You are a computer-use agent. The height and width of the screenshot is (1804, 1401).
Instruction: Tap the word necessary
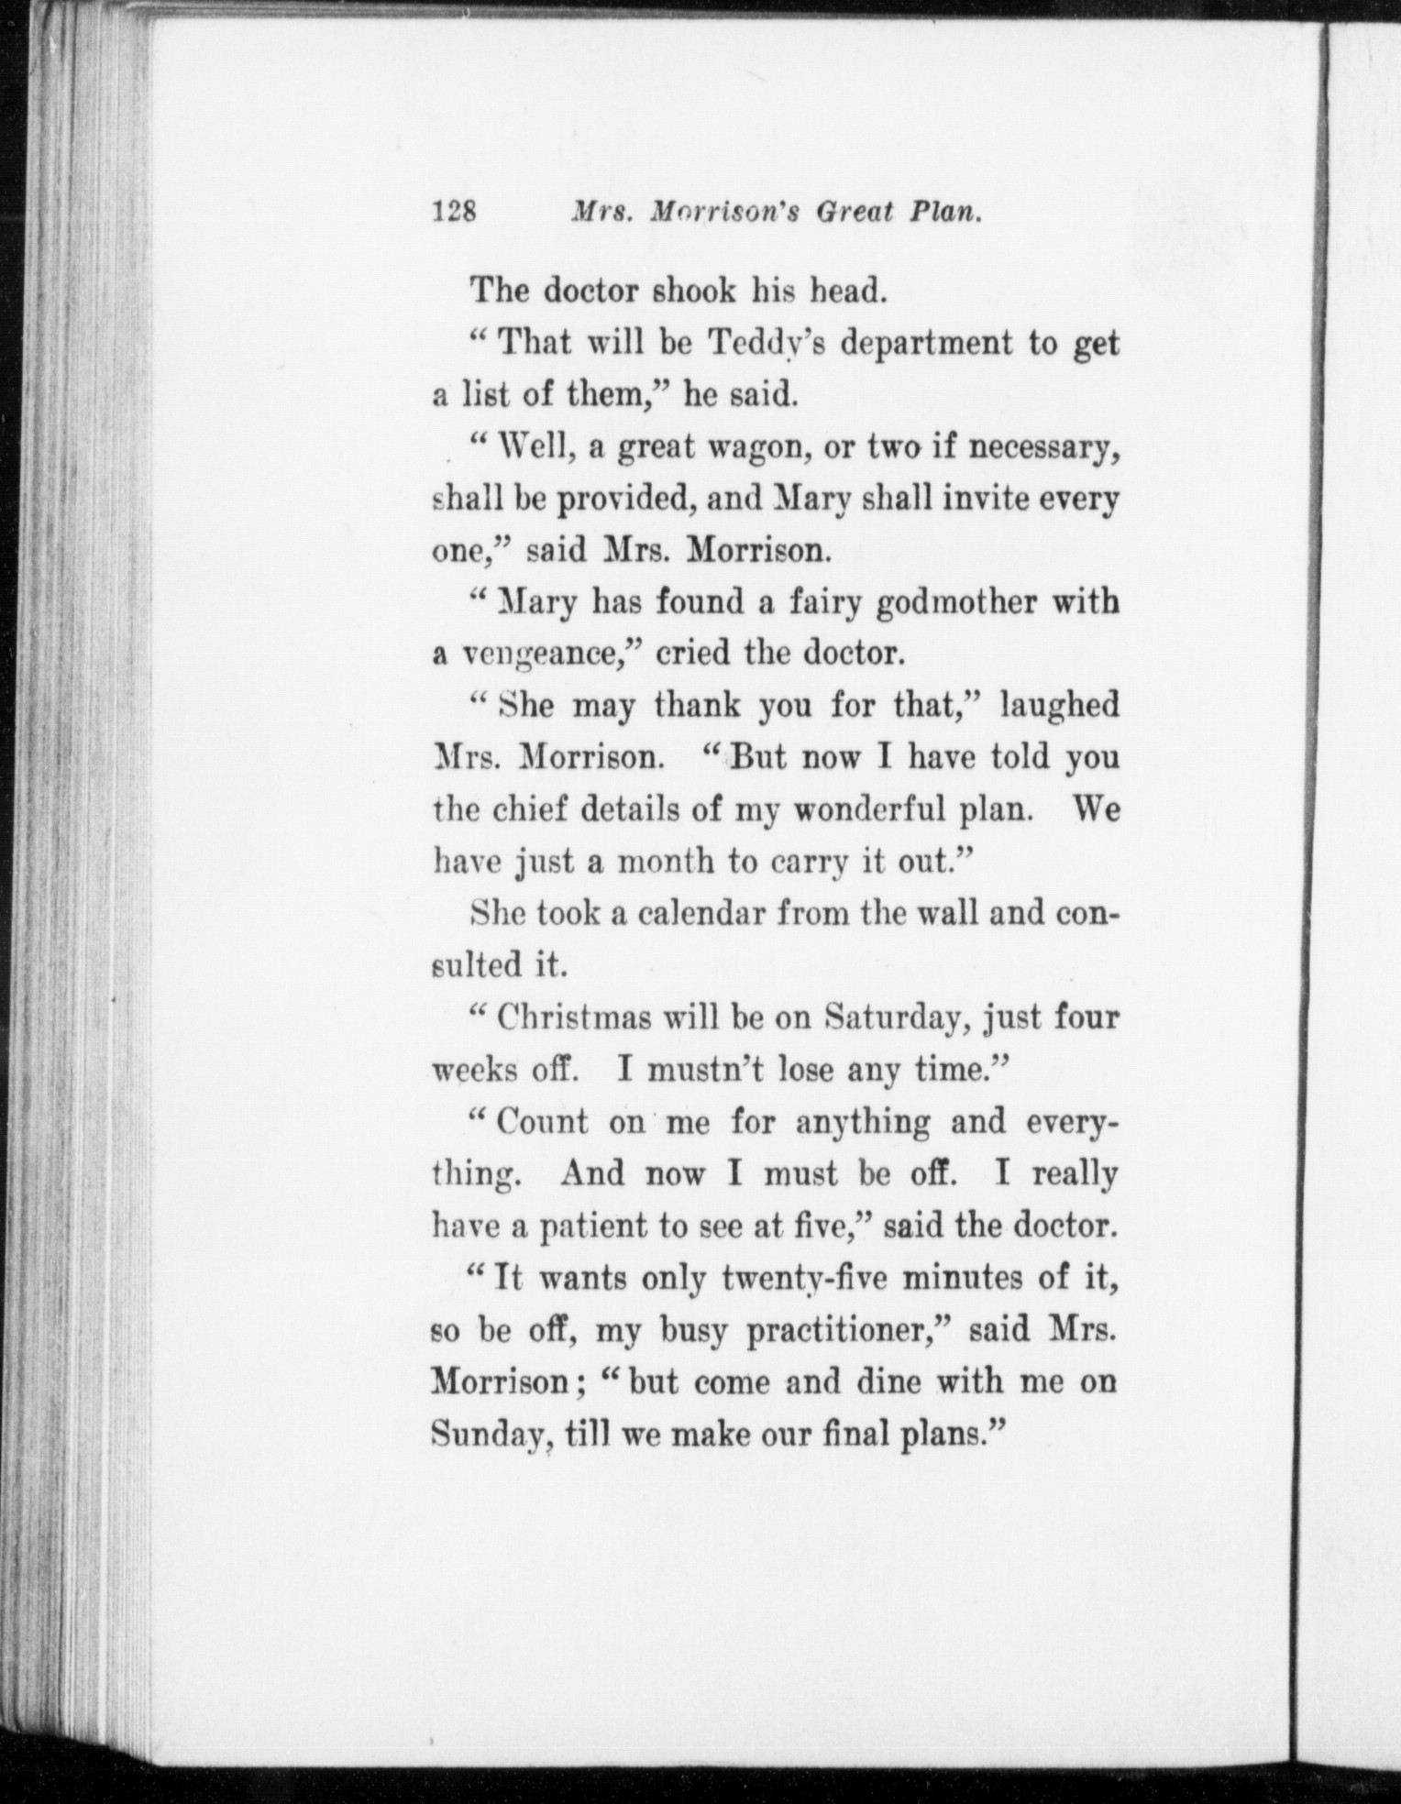tap(1043, 447)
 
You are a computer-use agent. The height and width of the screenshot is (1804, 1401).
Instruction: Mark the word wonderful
tap(867, 810)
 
